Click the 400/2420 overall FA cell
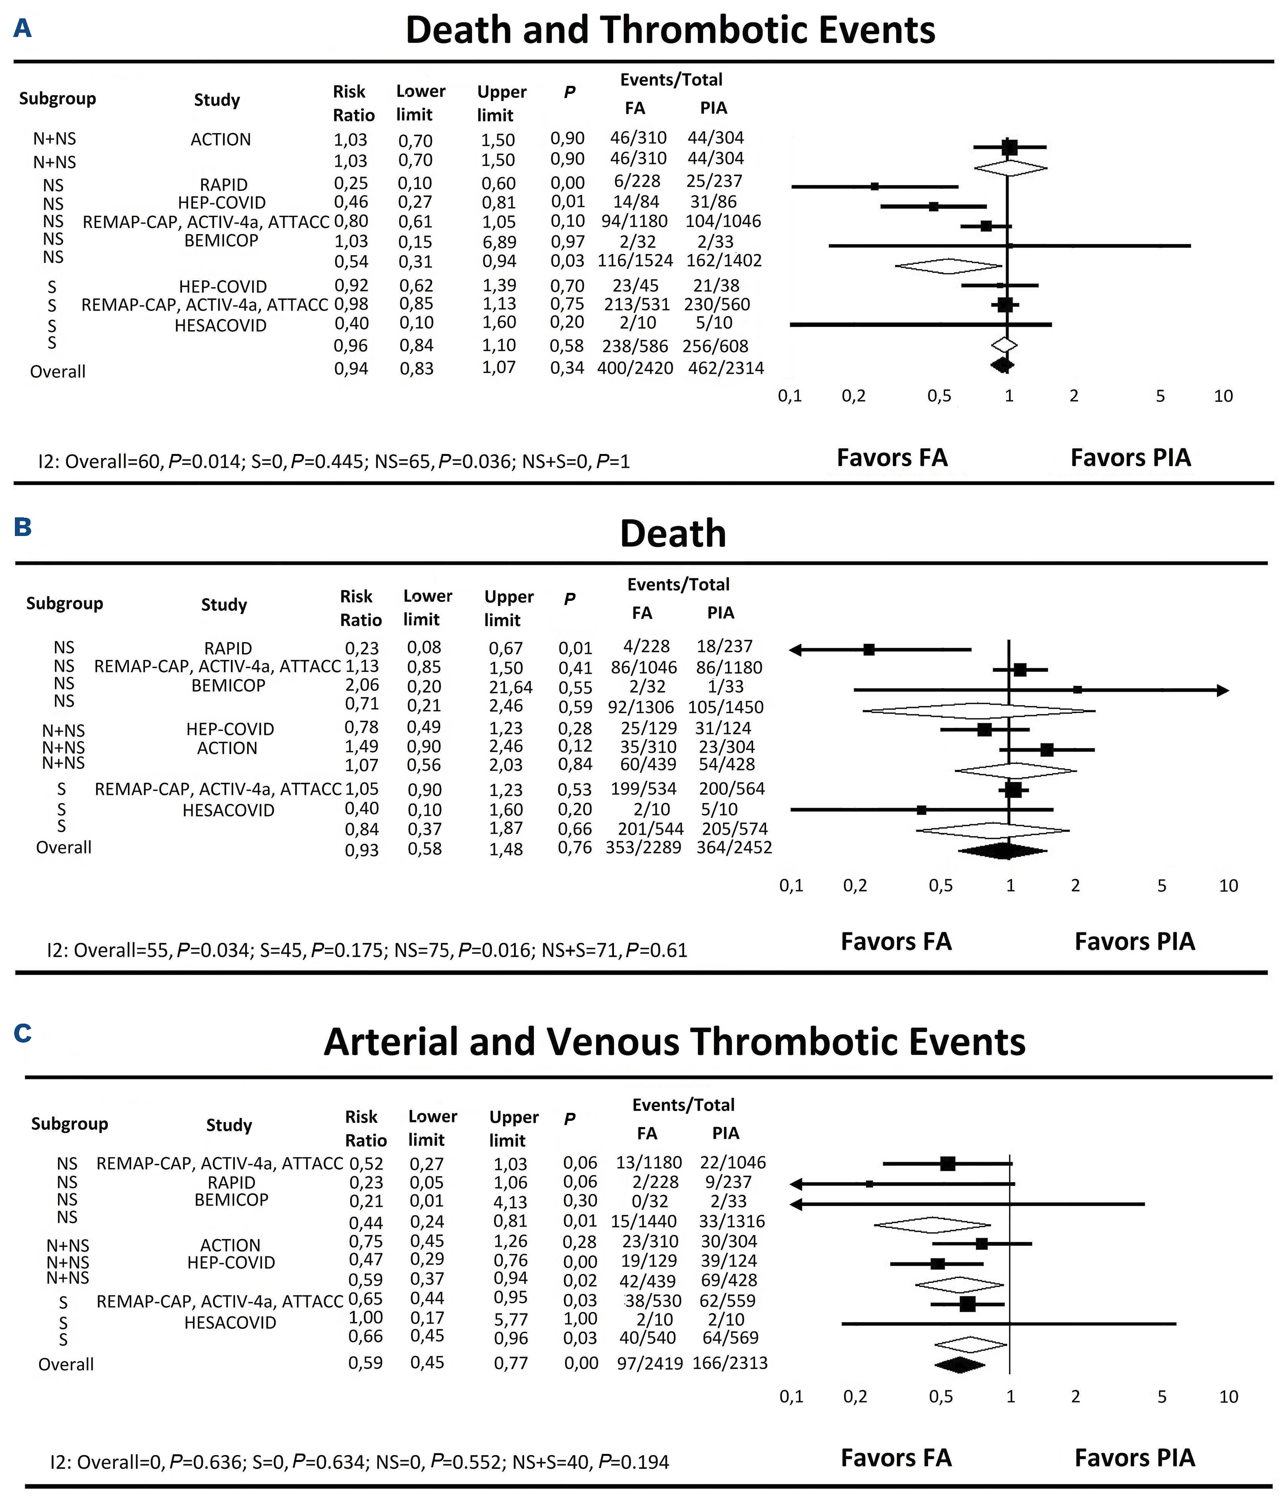coord(635,368)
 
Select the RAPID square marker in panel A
coord(874,186)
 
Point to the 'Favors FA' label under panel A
coord(892,458)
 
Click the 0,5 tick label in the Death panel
coord(940,886)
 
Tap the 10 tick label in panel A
coord(1223,396)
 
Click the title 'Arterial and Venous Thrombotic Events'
coord(674,1042)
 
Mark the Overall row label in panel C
coord(66,1364)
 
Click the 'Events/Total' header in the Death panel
coord(678,584)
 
